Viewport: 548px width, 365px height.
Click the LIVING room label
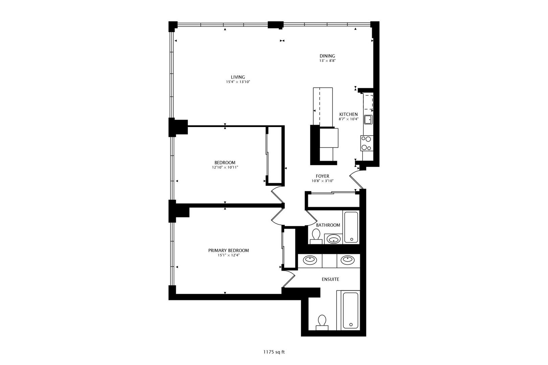click(x=238, y=77)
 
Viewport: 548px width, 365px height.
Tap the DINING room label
click(x=327, y=56)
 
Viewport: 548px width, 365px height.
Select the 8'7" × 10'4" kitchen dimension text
click(x=348, y=119)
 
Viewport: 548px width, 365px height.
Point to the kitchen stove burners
click(x=367, y=143)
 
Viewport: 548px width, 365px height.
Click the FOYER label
click(x=322, y=176)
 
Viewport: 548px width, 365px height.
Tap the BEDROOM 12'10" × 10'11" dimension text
click(x=225, y=167)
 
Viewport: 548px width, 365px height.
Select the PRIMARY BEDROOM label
click(x=228, y=250)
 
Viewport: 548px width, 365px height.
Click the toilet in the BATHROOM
click(x=316, y=236)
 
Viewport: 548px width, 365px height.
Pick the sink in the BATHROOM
click(x=334, y=239)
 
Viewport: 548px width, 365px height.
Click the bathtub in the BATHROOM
click(x=351, y=227)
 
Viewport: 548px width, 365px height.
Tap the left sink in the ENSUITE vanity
click(x=310, y=260)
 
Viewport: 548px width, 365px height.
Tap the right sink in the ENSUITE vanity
click(x=347, y=260)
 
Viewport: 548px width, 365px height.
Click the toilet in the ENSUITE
click(x=322, y=322)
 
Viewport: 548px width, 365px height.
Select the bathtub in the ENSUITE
click(x=350, y=310)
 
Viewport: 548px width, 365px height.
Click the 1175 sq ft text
click(x=274, y=352)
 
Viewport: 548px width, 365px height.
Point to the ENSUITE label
click(x=330, y=279)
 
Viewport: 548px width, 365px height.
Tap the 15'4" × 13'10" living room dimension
click(x=238, y=82)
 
